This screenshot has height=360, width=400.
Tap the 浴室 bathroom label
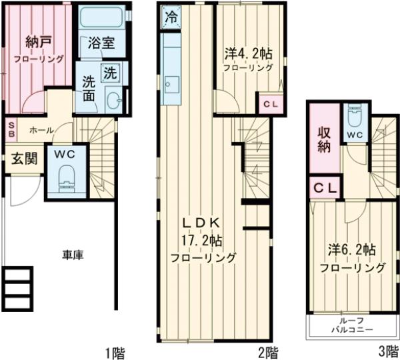point(101,47)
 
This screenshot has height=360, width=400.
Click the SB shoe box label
point(11,127)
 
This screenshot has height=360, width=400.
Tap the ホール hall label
point(41,130)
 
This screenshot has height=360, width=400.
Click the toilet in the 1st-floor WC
point(67,177)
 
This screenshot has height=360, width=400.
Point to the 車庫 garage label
point(73,253)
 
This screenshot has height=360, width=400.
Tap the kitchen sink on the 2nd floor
point(171,85)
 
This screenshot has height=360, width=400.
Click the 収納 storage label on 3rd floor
point(324,138)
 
